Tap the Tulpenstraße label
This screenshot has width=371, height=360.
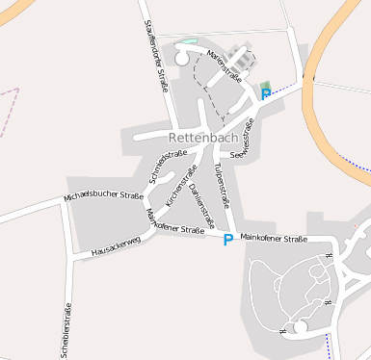(x=223, y=186)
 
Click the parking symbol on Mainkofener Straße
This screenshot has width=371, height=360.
(x=227, y=240)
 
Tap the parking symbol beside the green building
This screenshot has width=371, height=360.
(x=265, y=95)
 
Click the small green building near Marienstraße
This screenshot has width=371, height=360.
(x=265, y=85)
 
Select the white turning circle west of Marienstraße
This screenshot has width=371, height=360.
(x=181, y=59)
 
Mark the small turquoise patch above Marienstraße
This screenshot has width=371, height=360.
(x=188, y=42)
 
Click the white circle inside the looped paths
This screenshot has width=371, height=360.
(x=300, y=327)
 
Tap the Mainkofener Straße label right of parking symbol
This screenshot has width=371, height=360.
(x=273, y=236)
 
